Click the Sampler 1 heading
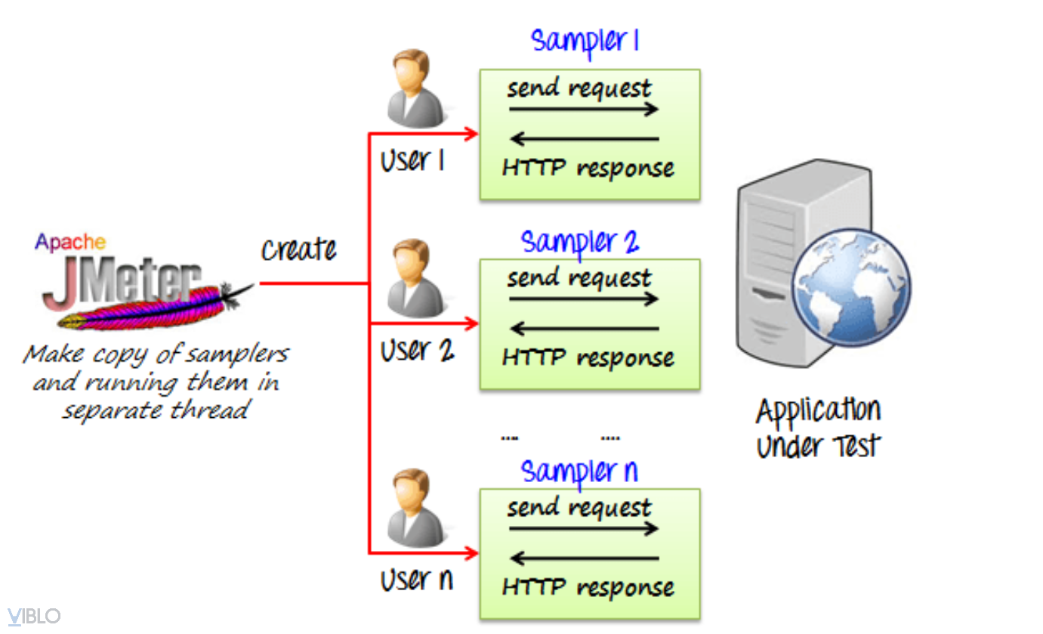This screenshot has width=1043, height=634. click(585, 40)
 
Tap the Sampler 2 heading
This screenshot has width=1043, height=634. click(579, 242)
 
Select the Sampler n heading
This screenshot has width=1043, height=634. click(579, 472)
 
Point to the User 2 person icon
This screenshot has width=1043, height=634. click(414, 278)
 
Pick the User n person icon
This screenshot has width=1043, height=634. click(414, 508)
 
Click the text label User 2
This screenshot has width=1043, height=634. click(417, 350)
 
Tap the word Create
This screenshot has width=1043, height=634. click(299, 249)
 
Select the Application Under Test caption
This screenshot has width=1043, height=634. click(819, 427)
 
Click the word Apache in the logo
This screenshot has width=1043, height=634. click(70, 242)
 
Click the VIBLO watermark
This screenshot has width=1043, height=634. click(34, 617)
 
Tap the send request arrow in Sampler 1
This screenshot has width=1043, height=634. click(584, 110)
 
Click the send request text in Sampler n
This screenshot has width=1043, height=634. click(579, 507)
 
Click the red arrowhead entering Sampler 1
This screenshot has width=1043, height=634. click(471, 135)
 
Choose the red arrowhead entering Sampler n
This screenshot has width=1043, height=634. click(471, 553)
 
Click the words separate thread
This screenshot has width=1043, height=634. click(155, 410)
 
